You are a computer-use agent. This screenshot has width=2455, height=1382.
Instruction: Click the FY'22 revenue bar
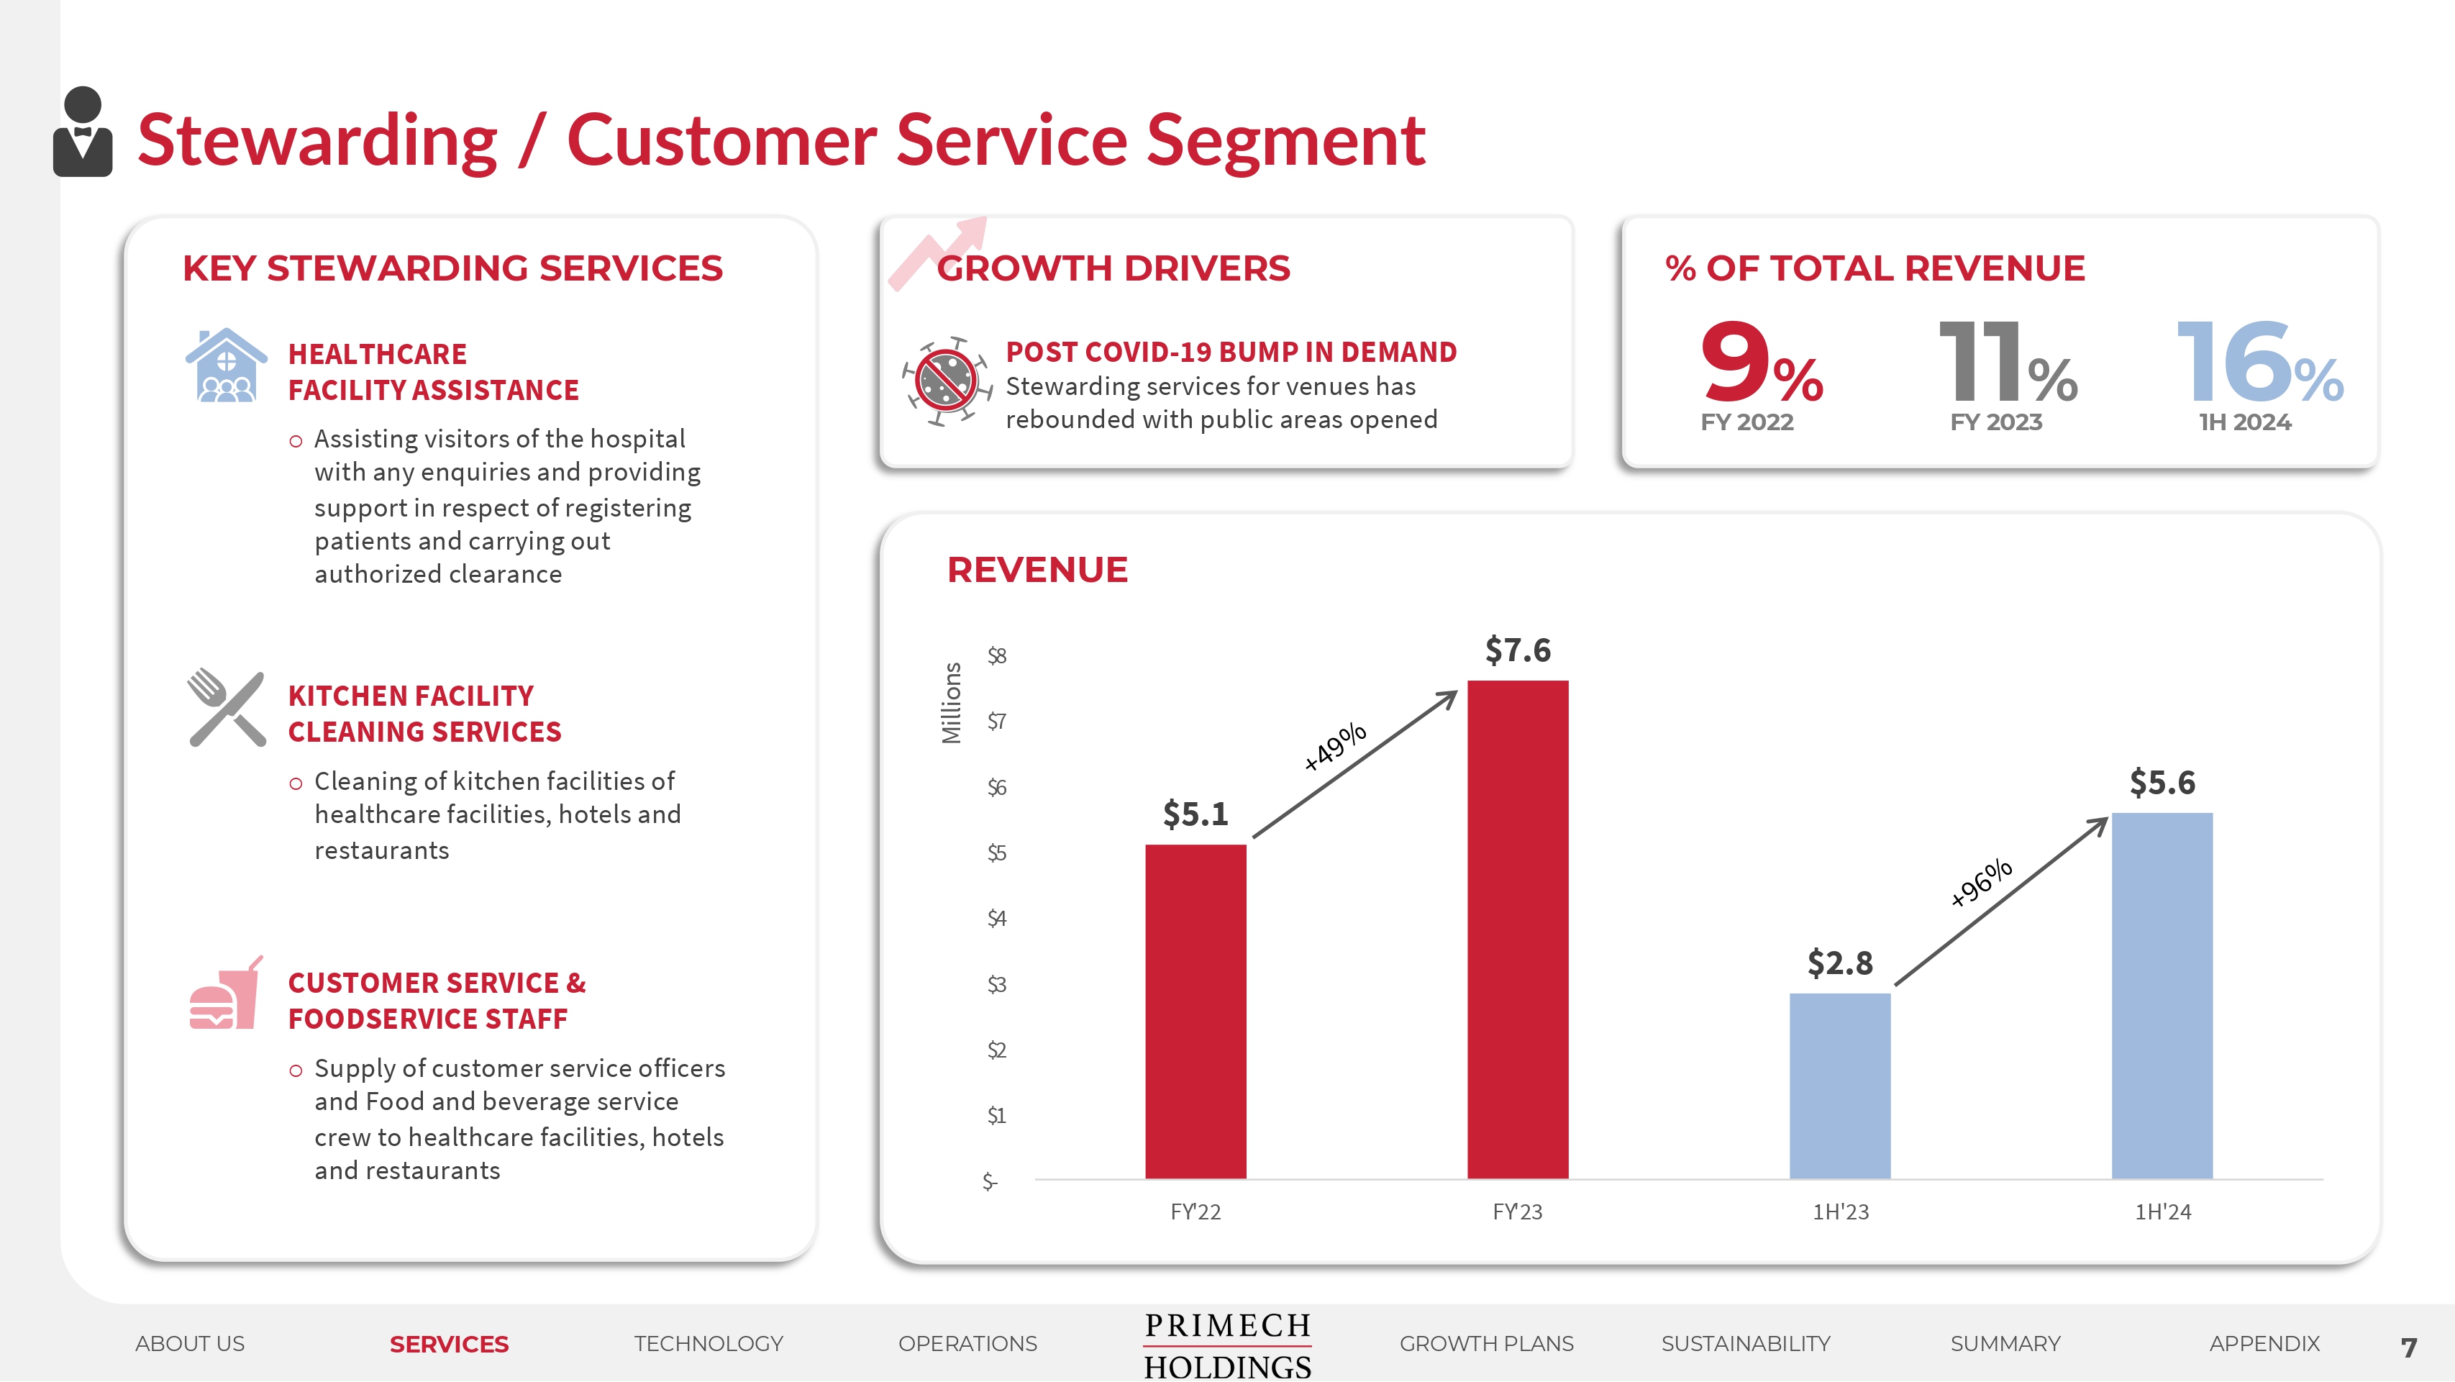click(x=1195, y=1010)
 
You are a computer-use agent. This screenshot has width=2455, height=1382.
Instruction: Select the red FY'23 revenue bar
click(x=1517, y=929)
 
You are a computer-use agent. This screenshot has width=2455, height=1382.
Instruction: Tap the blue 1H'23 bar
click(x=1839, y=1086)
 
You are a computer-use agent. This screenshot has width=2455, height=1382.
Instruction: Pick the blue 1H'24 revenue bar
click(x=2162, y=995)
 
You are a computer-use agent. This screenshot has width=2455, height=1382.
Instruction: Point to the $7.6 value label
click(x=1517, y=651)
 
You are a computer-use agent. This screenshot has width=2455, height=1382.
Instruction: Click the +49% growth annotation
click(x=1335, y=746)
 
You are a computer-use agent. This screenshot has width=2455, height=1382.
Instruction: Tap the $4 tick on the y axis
click(x=996, y=918)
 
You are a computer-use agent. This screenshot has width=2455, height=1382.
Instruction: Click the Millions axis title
click(x=951, y=704)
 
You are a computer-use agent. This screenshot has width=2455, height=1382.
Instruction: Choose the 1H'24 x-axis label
click(x=2162, y=1211)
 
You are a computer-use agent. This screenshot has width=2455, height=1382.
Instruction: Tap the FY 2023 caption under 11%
click(x=1995, y=422)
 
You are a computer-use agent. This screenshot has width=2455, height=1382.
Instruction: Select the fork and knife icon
click(x=227, y=707)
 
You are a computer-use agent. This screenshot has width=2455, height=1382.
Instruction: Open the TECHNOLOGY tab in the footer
click(x=708, y=1344)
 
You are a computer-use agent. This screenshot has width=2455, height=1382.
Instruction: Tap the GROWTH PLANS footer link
click(x=1486, y=1344)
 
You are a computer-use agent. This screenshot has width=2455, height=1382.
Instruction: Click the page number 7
click(x=2409, y=1347)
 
